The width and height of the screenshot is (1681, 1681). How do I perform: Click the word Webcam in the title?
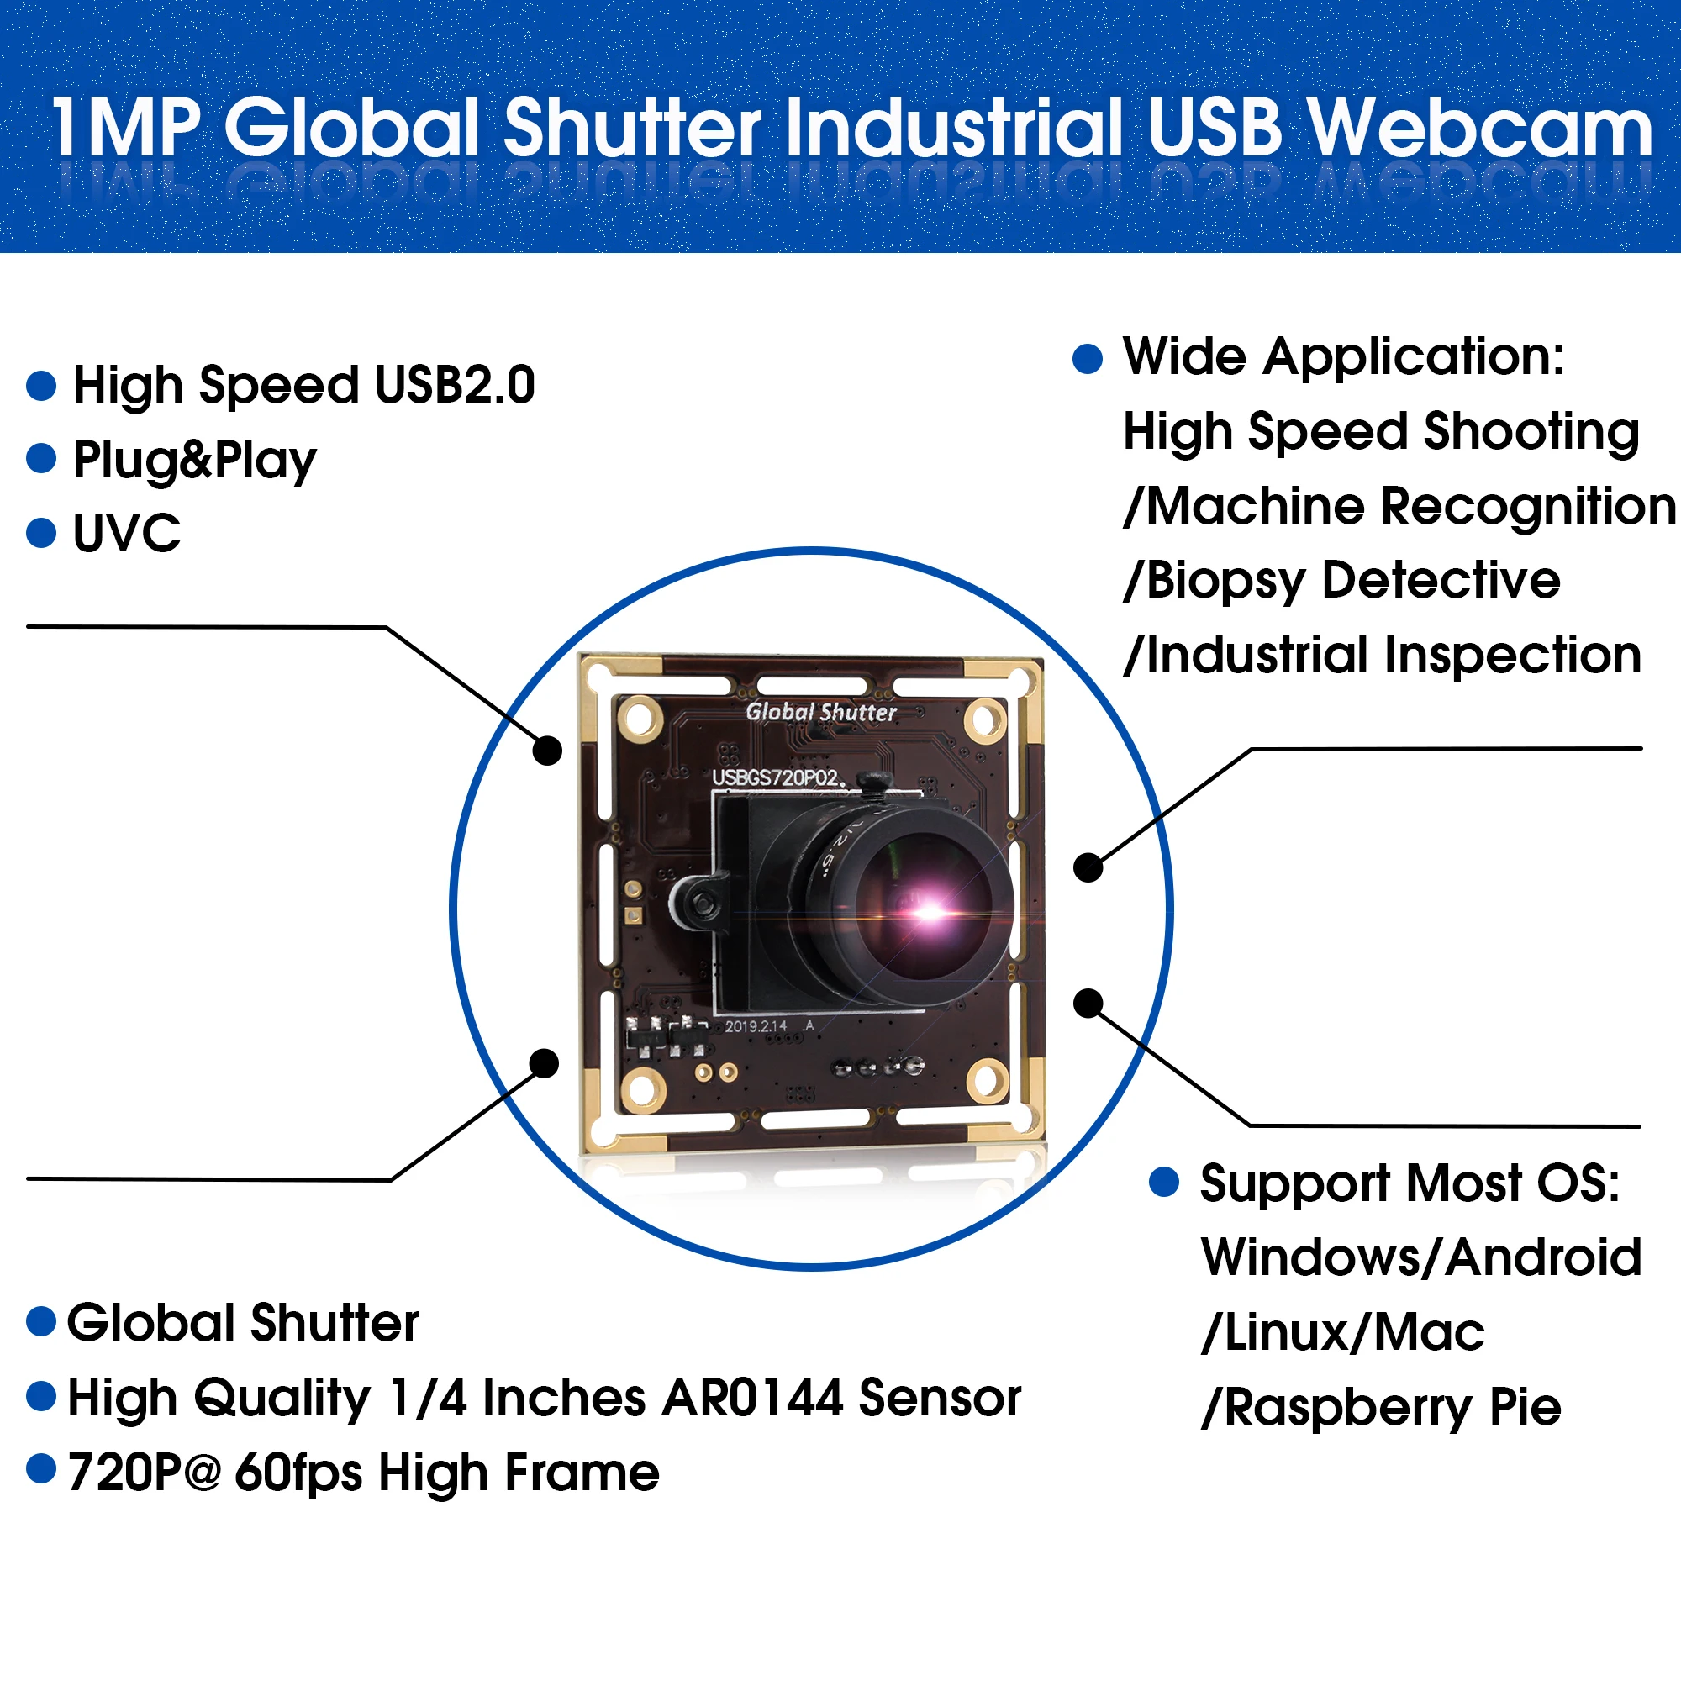[1479, 129]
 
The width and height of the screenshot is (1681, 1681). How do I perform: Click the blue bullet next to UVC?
[41, 533]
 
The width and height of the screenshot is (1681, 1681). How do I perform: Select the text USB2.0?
[454, 385]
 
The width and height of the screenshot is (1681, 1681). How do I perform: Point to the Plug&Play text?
[194, 460]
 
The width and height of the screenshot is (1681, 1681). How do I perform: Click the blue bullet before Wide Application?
[1087, 359]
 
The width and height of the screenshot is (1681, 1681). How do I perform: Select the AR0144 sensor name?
[751, 1399]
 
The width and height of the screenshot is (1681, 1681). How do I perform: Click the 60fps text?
[298, 1473]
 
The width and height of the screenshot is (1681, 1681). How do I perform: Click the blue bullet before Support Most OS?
[1163, 1183]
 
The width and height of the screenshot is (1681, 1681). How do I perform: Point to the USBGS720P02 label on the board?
[776, 777]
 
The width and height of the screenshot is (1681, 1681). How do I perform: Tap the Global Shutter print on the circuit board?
[820, 712]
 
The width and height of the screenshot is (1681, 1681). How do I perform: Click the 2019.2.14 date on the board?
[756, 1027]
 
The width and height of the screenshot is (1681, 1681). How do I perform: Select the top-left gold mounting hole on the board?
[640, 719]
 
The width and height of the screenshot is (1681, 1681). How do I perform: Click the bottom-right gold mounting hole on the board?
[988, 1080]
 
